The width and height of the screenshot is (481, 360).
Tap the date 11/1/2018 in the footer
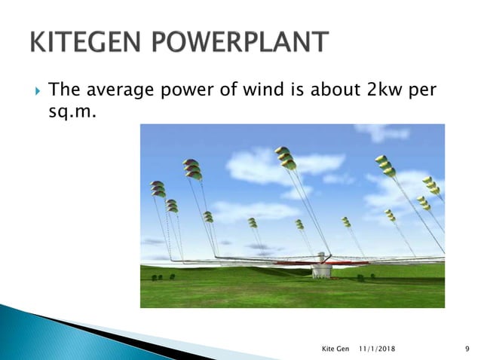coord(375,349)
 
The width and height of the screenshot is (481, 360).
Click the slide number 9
coord(468,349)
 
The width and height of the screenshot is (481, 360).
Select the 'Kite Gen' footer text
coord(334,349)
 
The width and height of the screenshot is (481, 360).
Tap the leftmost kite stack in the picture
coord(158,188)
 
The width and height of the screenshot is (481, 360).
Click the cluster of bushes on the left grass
coord(156,278)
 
